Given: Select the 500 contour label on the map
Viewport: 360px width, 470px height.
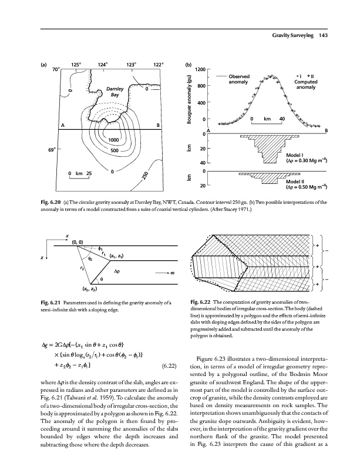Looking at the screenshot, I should coord(116,150).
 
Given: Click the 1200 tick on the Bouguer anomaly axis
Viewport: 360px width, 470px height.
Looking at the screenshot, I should coord(199,70).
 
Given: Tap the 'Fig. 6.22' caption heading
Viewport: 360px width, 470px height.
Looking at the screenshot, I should coord(203,303).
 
